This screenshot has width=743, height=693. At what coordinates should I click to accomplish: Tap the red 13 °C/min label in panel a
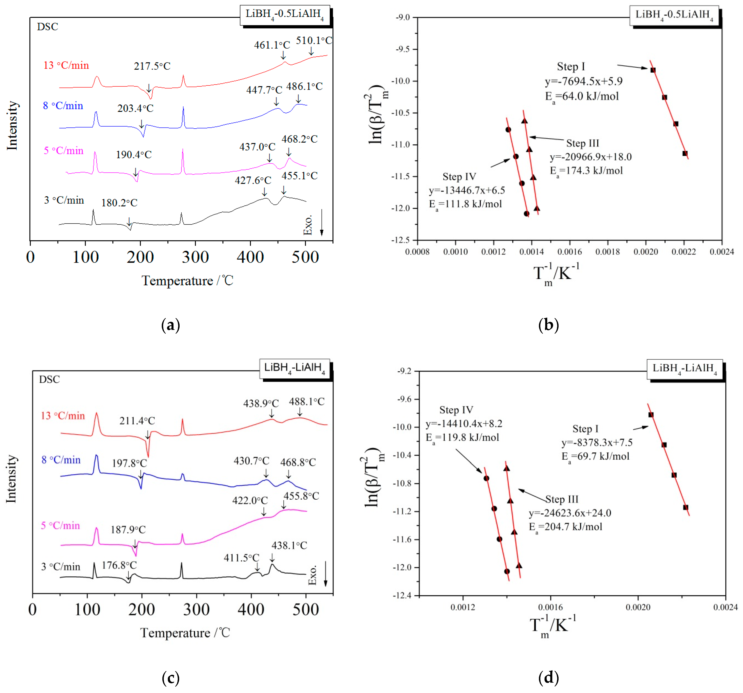(66, 65)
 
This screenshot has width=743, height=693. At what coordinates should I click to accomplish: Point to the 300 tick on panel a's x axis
(195, 257)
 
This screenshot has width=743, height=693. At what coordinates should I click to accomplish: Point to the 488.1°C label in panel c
(307, 401)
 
